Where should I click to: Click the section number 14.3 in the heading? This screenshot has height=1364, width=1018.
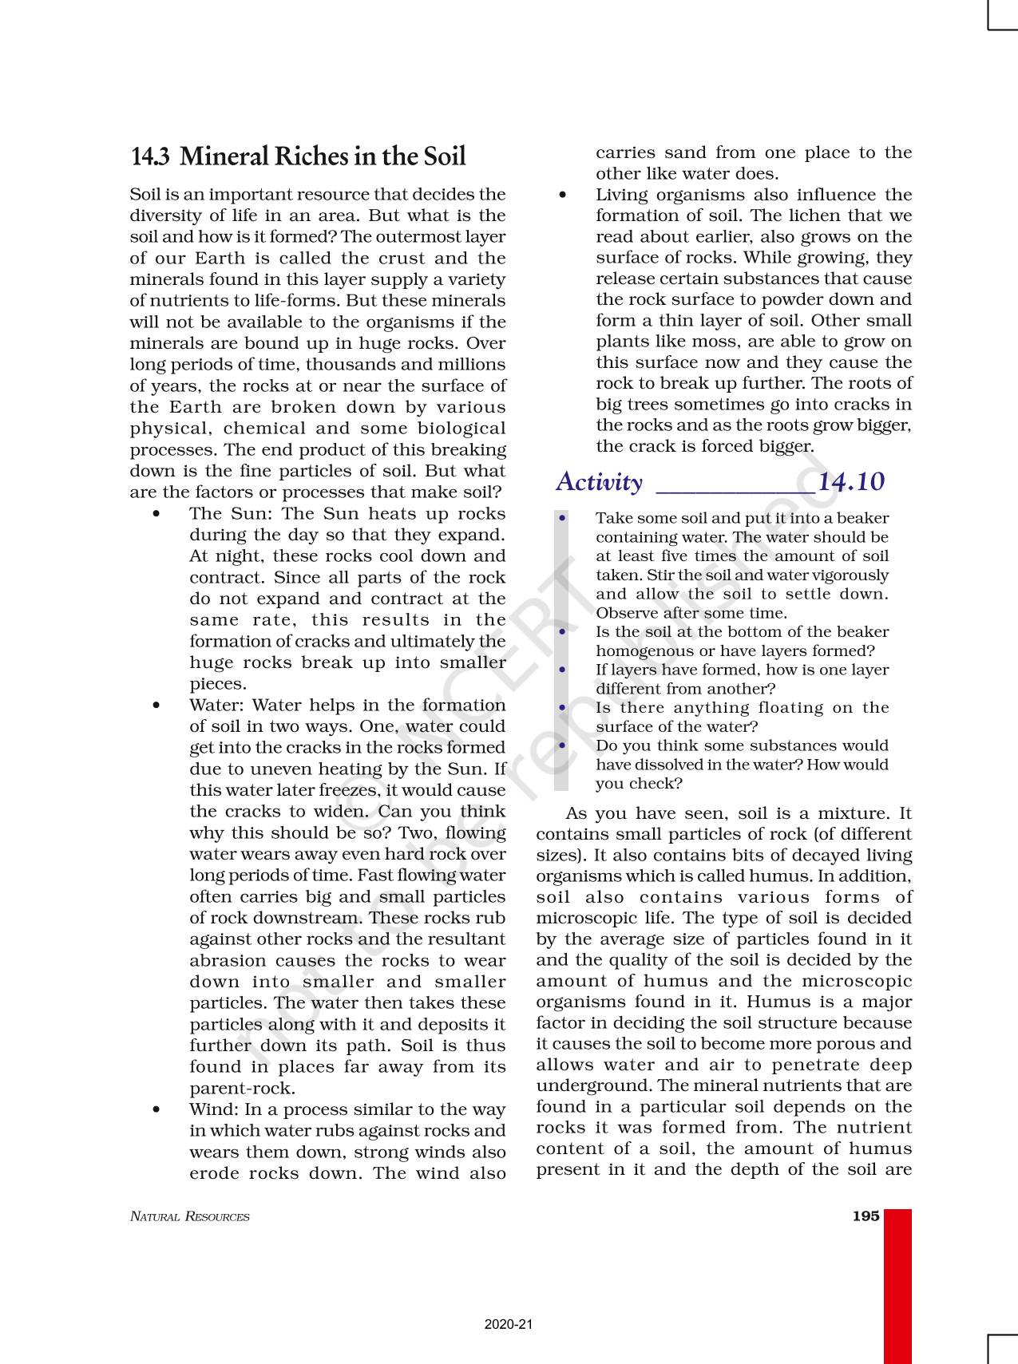click(x=149, y=156)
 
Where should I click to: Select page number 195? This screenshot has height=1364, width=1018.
click(x=865, y=1216)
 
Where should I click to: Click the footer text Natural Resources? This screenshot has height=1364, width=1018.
click(x=189, y=1217)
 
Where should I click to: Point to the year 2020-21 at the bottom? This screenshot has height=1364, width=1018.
click(x=509, y=1324)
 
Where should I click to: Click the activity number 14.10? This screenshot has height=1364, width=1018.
click(x=851, y=482)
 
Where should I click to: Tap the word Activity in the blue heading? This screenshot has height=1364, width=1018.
click(x=599, y=482)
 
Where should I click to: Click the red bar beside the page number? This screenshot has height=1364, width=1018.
click(x=897, y=1285)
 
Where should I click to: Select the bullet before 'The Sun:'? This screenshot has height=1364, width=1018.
click(x=156, y=514)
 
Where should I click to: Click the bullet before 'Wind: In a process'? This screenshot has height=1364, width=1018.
click(x=156, y=1110)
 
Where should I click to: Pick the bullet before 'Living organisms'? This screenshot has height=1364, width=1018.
click(x=563, y=195)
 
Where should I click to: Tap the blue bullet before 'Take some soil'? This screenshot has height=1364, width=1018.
click(x=563, y=518)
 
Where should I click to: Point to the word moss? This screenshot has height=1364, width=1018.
click(x=685, y=342)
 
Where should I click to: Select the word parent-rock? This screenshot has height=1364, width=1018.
click(x=242, y=1089)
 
